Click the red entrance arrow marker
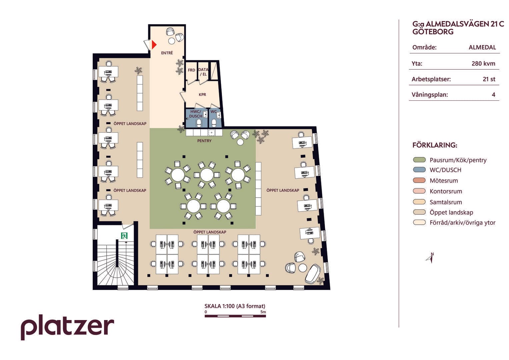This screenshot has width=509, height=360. [x=154, y=45]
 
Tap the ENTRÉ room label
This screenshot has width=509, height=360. [x=167, y=53]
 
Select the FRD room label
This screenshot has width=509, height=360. [x=191, y=70]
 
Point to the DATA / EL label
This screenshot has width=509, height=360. [x=203, y=72]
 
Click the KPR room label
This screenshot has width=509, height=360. [x=202, y=95]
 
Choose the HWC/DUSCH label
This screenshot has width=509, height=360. [x=196, y=114]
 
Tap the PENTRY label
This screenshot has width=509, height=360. [x=204, y=141]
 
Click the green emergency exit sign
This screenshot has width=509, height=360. [x=124, y=235]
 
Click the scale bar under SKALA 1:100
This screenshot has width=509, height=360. [x=235, y=316]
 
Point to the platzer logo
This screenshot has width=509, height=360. [x=67, y=327]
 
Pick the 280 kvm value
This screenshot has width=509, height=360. [x=483, y=63]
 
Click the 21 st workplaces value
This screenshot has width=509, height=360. [x=489, y=79]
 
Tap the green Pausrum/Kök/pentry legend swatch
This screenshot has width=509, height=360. [x=419, y=160]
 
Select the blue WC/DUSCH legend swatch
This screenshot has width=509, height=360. [x=419, y=170]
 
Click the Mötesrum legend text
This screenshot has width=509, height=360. [x=444, y=181]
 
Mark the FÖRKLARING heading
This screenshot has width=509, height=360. [x=435, y=145]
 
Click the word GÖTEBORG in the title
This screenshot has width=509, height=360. [x=433, y=32]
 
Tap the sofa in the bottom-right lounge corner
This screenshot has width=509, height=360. [x=313, y=274]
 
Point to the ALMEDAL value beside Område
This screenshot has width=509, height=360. [x=482, y=47]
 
